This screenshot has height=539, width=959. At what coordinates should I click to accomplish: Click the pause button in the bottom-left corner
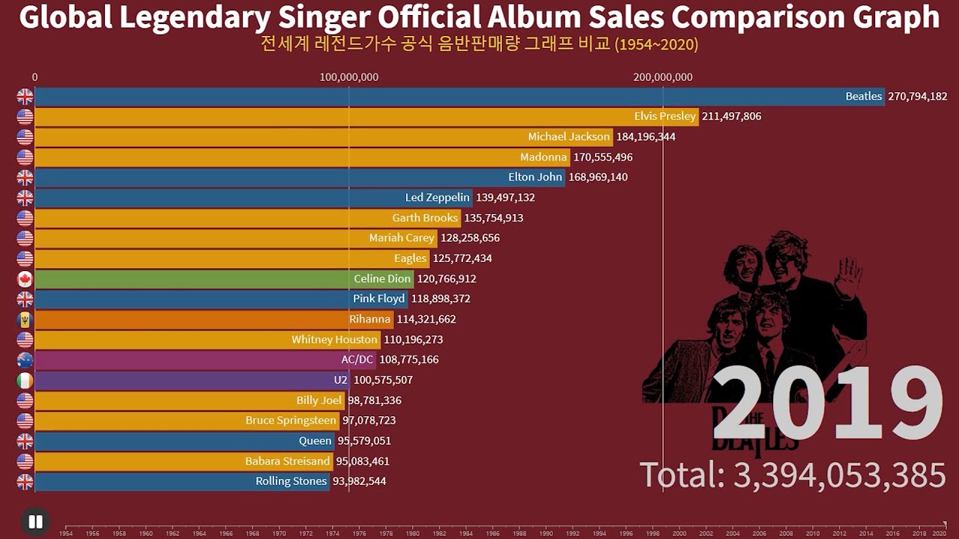click(x=34, y=522)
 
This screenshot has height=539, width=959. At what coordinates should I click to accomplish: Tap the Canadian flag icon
click(x=25, y=279)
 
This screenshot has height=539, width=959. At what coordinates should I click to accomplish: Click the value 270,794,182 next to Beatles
click(x=917, y=97)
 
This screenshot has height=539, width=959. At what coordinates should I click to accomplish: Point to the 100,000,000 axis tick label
click(x=348, y=77)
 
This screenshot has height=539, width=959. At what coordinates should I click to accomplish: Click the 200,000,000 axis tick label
click(x=662, y=77)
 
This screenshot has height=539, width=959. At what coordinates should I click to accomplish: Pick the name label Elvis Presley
click(x=665, y=117)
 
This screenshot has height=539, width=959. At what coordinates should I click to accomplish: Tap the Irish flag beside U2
click(x=25, y=380)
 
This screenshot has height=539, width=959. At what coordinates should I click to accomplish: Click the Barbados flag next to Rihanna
click(x=25, y=320)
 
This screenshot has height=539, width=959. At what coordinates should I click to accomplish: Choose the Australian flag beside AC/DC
click(x=25, y=360)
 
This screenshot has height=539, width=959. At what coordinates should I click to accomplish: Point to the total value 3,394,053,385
click(x=838, y=476)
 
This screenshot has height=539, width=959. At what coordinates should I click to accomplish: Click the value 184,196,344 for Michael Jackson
click(x=645, y=137)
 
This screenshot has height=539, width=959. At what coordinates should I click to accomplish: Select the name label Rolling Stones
click(x=291, y=481)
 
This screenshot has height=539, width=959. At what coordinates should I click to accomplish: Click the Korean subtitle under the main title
click(x=479, y=44)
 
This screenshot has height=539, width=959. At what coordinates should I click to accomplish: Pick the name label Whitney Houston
click(x=334, y=340)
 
